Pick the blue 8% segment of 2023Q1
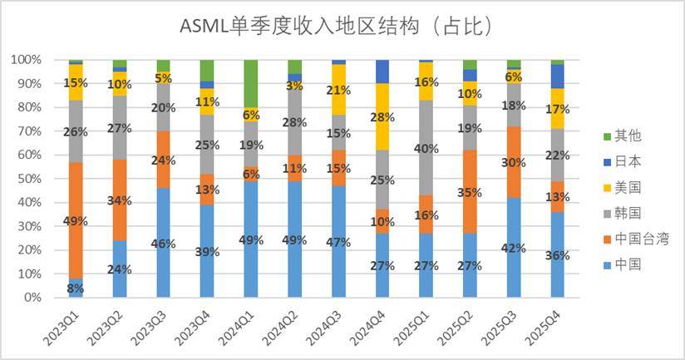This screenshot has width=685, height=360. (x=76, y=288)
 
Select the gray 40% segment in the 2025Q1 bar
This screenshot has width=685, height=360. (x=426, y=148)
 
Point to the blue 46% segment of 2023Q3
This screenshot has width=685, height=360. (x=163, y=243)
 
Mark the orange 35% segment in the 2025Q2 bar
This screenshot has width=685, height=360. (x=470, y=191)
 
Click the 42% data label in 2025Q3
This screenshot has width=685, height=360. (x=513, y=247)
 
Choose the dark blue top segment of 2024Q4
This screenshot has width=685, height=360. (x=382, y=72)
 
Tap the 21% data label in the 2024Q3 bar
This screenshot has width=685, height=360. (x=338, y=90)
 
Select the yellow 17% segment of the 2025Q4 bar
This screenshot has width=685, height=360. (x=557, y=108)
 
